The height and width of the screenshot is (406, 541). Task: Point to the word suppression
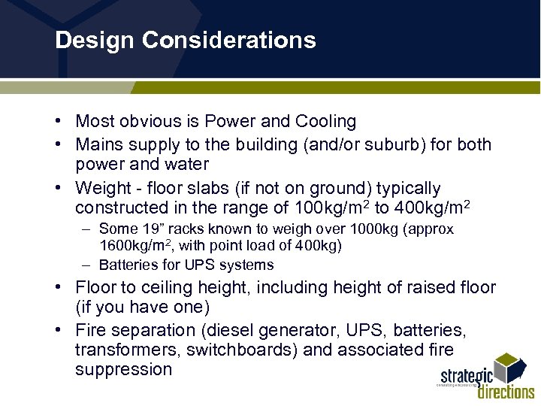pos(123,369)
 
